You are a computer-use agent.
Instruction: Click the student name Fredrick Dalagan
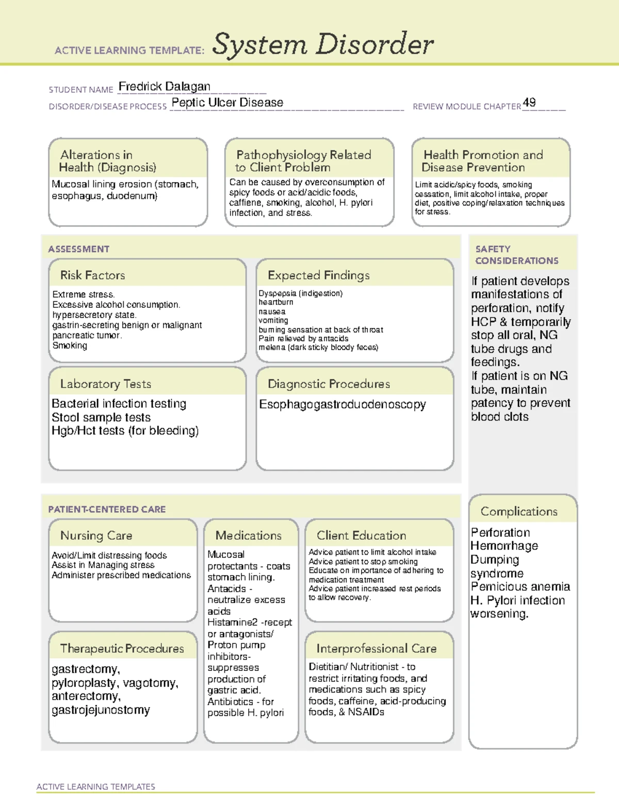click(x=164, y=86)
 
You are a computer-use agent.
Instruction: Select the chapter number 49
click(x=529, y=102)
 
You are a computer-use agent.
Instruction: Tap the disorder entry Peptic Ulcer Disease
click(x=227, y=102)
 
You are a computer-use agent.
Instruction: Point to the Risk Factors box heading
click(x=92, y=275)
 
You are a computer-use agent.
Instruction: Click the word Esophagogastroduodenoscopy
click(x=342, y=404)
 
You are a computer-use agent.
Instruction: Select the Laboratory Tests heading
click(x=105, y=384)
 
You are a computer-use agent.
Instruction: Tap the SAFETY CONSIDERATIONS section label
click(x=516, y=255)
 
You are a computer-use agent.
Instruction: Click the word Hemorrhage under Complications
click(x=504, y=546)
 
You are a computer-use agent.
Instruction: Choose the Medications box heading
click(x=248, y=536)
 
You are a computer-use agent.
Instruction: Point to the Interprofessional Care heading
click(x=376, y=648)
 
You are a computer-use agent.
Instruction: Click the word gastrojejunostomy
click(x=101, y=710)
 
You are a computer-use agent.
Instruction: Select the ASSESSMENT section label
click(x=78, y=249)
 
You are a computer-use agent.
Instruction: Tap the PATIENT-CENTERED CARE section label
click(x=107, y=509)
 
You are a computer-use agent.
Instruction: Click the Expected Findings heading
click(x=318, y=275)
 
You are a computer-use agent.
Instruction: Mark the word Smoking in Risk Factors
click(x=70, y=345)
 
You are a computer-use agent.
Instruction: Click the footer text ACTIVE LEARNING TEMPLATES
click(x=95, y=787)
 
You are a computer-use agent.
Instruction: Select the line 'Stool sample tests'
click(x=101, y=417)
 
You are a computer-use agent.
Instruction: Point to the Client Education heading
click(x=361, y=536)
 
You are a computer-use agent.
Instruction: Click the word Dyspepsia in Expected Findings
click(x=277, y=293)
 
